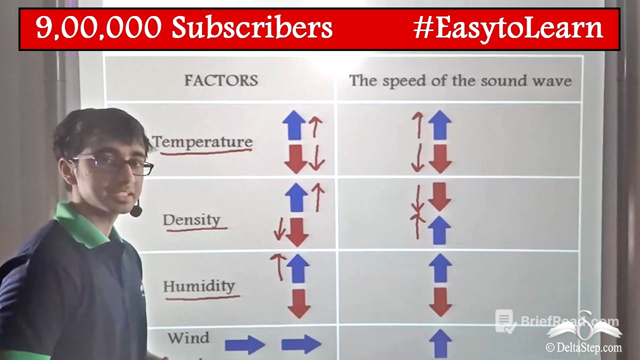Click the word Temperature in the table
(202, 141)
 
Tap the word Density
(191, 220)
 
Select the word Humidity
(199, 286)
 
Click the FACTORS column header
(221, 80)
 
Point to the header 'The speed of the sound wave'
(460, 80)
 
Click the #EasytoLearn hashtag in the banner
(508, 28)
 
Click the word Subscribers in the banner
(252, 28)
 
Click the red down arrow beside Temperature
(295, 159)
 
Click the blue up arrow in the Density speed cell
(440, 230)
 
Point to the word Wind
(188, 338)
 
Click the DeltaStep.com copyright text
(583, 347)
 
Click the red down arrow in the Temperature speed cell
(440, 159)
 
